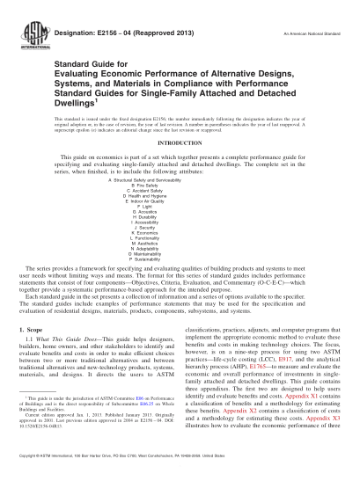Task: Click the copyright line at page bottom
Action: point(180,473)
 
